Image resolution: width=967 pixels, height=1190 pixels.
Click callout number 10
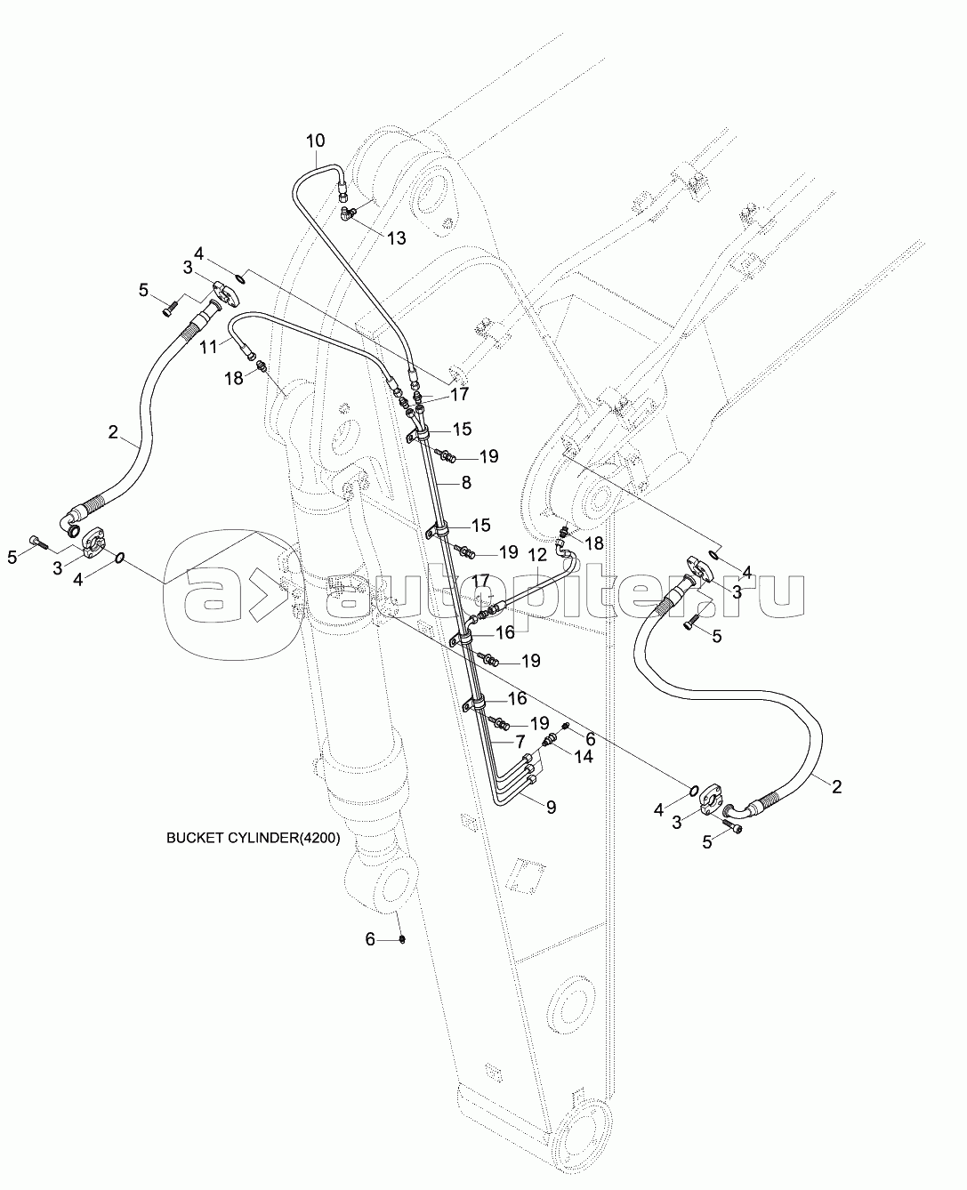[x=316, y=141]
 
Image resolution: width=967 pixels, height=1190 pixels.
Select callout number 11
[x=208, y=346]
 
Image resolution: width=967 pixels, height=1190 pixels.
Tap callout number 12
[x=536, y=555]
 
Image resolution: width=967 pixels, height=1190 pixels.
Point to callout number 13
[x=395, y=237]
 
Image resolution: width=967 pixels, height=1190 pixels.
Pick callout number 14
[x=583, y=756]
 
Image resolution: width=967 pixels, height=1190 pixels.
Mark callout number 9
[x=551, y=807]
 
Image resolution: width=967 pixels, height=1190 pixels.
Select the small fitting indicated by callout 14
[x=551, y=738]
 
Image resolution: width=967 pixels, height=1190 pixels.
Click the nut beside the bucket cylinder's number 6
[x=402, y=940]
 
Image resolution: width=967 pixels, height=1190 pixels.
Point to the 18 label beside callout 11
[x=233, y=378]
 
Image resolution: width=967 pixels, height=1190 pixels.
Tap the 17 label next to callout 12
[x=480, y=580]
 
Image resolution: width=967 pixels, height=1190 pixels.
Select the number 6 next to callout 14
[x=588, y=736]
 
